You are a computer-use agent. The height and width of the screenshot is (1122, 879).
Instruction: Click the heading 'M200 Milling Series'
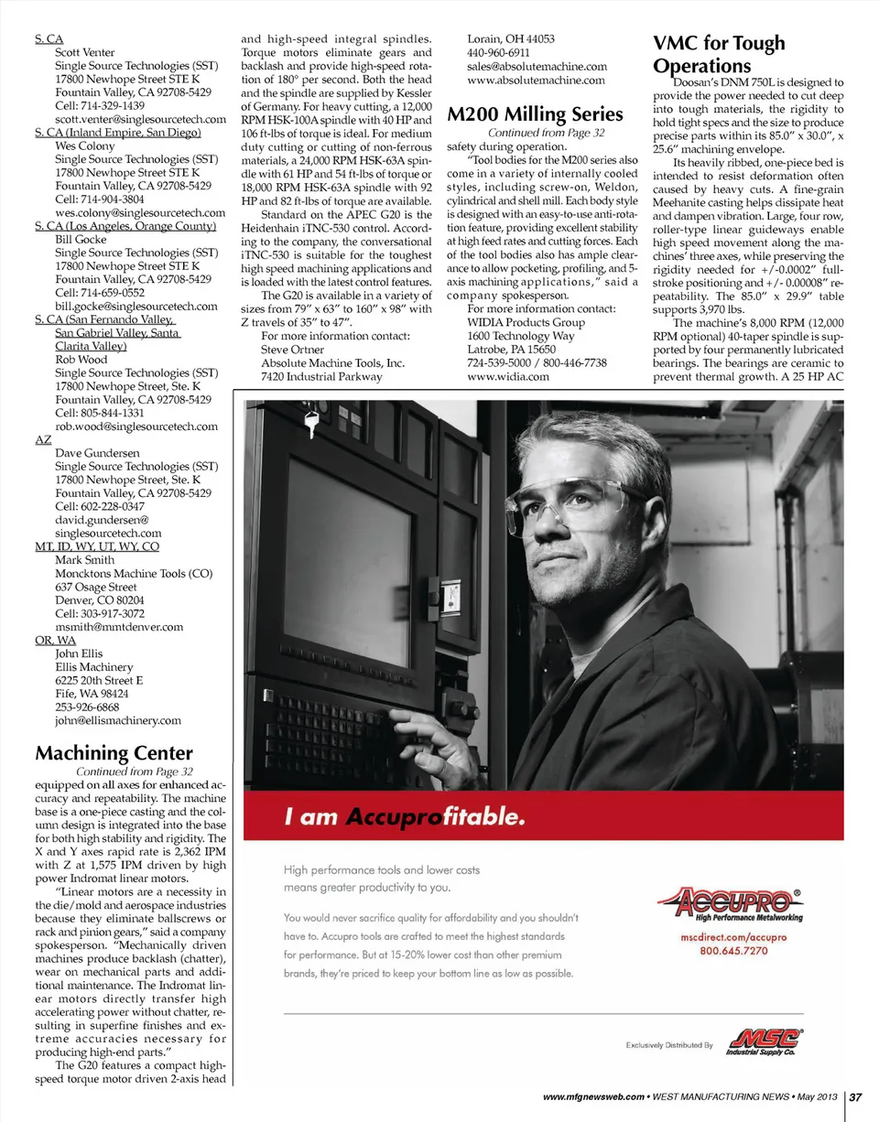point(535,114)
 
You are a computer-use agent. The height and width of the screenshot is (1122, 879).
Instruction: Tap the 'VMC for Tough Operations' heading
point(718,55)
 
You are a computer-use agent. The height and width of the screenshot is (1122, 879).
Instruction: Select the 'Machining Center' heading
point(114,753)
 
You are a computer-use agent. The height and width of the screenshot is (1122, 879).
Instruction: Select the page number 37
point(860,1098)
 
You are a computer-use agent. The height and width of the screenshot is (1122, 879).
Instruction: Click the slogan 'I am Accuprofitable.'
point(405,816)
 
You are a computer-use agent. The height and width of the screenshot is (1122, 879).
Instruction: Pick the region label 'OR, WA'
point(54,641)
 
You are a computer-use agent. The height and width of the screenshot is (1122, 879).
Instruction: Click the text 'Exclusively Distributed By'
point(668,1044)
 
